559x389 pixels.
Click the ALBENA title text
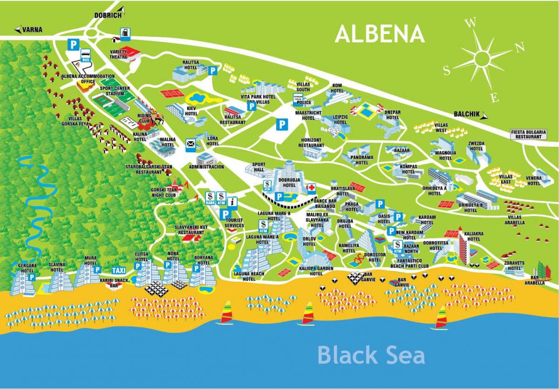379,34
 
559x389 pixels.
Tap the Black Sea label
371,355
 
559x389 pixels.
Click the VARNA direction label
32,30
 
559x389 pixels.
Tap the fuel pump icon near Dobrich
125,34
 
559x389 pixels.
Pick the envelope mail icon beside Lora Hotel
191,143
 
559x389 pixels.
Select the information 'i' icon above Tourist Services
232,202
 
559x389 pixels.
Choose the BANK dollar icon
210,198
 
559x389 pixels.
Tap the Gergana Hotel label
26,268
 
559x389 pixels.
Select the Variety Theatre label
118,54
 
